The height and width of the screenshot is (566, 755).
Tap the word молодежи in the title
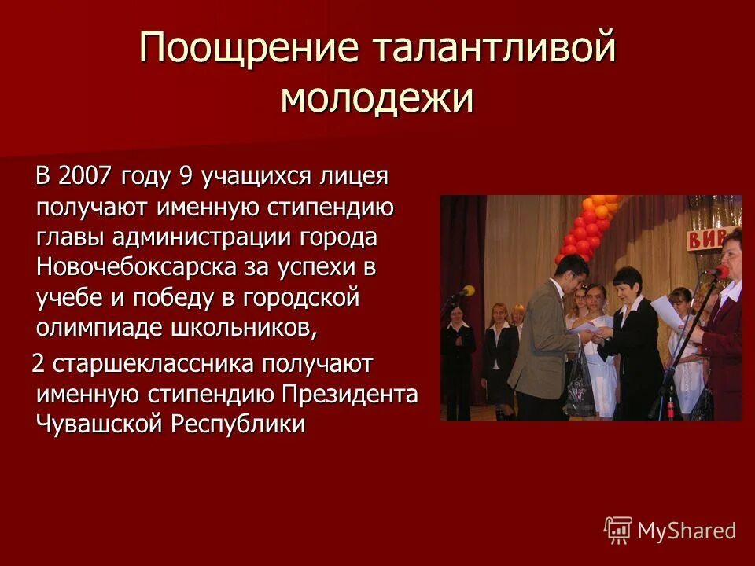(x=377, y=99)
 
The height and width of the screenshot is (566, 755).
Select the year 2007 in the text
(x=86, y=175)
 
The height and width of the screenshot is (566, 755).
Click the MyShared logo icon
(x=617, y=530)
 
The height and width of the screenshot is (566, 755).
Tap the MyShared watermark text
(x=687, y=531)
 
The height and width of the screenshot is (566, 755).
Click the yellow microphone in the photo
(x=466, y=291)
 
